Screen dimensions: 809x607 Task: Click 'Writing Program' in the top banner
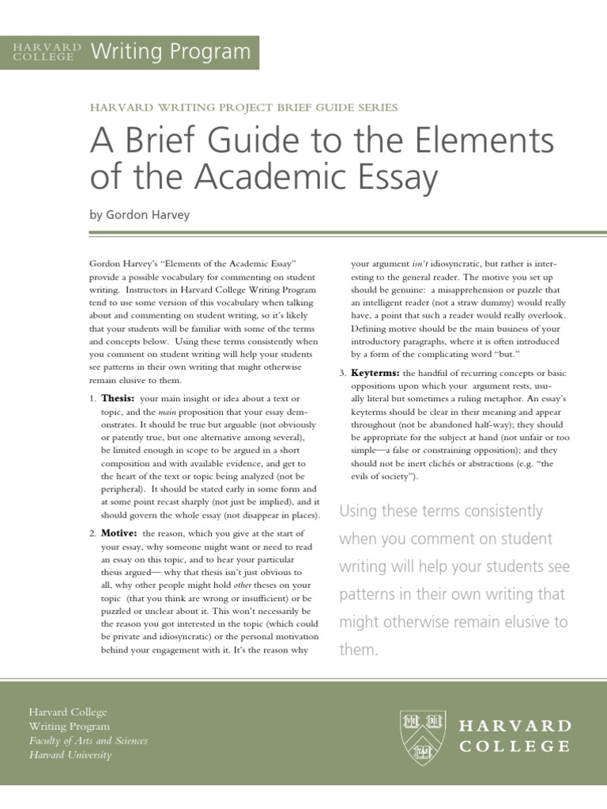click(171, 52)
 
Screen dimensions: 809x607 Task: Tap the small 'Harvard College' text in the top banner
click(47, 52)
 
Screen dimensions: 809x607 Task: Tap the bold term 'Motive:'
click(119, 534)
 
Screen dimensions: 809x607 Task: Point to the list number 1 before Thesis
click(92, 400)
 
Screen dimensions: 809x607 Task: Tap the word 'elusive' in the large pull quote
click(519, 622)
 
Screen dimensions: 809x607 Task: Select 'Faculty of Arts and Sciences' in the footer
click(88, 741)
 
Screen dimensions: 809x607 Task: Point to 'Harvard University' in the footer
click(70, 755)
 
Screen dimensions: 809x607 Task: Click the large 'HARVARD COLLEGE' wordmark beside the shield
click(515, 736)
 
